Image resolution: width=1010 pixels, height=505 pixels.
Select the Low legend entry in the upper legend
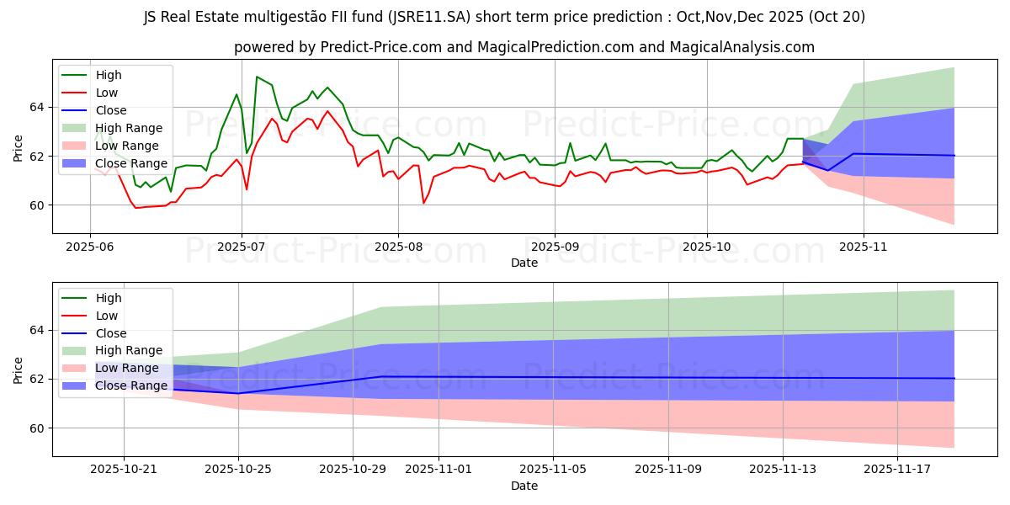pyautogui.click(x=107, y=93)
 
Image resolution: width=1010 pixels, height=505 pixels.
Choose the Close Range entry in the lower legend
pyautogui.click(x=131, y=386)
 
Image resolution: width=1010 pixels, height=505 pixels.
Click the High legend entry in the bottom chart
pyautogui.click(x=109, y=298)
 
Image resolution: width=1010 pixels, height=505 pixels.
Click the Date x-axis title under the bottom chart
pyautogui.click(x=524, y=486)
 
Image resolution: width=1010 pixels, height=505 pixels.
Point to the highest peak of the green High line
pyautogui.click(x=257, y=77)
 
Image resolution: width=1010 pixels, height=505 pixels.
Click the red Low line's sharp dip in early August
pyautogui.click(x=423, y=203)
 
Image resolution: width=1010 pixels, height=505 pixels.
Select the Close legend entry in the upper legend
pyautogui.click(x=110, y=110)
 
